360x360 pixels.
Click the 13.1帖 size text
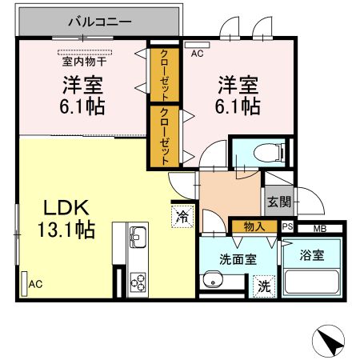(x=66, y=231)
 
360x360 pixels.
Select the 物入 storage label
(x=254, y=227)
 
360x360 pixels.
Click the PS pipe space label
(x=287, y=228)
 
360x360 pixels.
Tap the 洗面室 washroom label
(x=238, y=258)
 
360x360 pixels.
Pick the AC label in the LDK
(x=34, y=284)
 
